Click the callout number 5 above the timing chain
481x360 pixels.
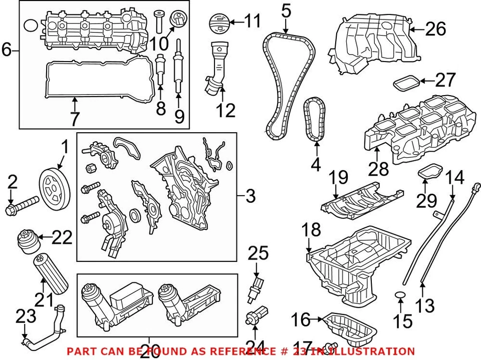[286, 11]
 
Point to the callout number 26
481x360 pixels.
[434, 29]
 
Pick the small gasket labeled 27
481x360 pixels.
[405, 83]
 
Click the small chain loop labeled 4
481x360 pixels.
[315, 118]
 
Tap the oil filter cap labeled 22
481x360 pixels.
[28, 242]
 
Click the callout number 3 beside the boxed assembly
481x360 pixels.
[251, 197]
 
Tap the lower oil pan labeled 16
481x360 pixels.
[350, 328]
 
